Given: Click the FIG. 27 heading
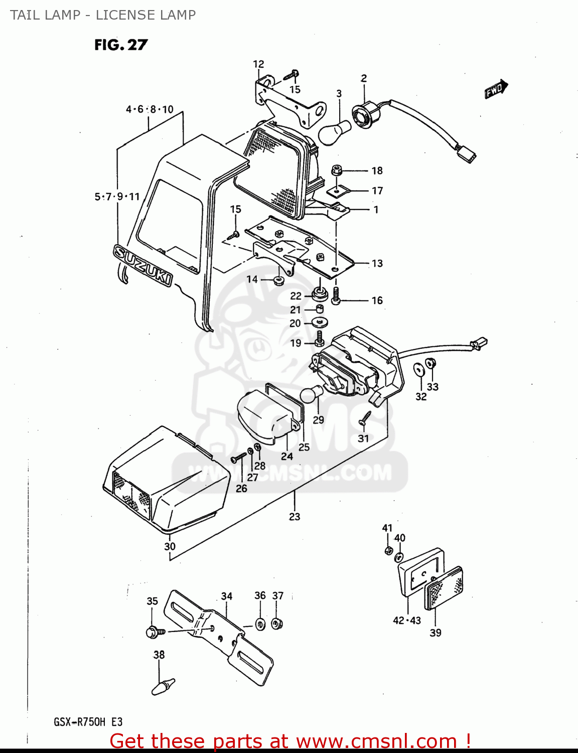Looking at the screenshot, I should [x=121, y=45].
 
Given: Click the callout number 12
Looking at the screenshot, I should [x=258, y=64].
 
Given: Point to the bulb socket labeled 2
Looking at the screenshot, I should [x=362, y=113].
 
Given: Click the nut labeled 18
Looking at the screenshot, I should [x=337, y=170].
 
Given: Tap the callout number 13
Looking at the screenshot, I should [x=377, y=264].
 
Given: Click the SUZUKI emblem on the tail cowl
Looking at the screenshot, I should [x=143, y=265].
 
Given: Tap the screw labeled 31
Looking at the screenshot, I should [x=365, y=419].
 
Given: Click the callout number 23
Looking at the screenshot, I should [x=295, y=517].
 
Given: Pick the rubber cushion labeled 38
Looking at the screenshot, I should [x=163, y=686].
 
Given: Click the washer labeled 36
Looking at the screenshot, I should [x=260, y=624].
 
